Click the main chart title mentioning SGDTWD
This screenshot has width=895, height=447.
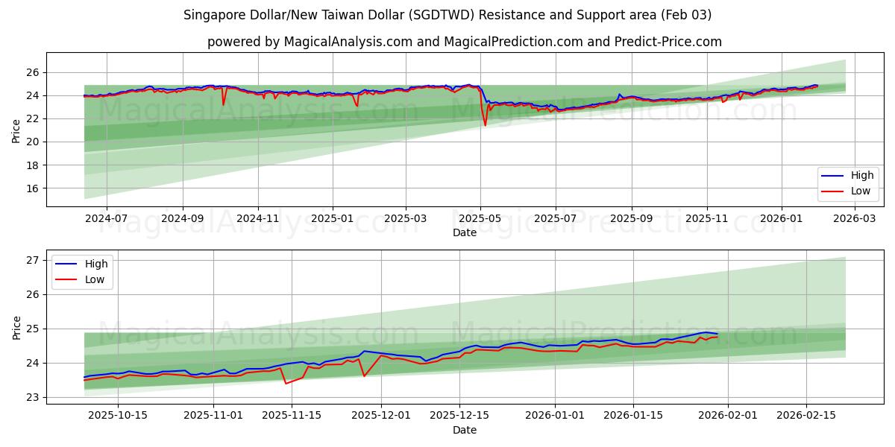tap(447, 15)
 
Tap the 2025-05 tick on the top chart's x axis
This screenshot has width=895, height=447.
tap(480, 218)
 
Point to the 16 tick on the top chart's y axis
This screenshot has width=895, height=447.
tap(31, 188)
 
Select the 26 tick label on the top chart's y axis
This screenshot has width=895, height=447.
tap(31, 72)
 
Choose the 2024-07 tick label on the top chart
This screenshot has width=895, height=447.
tap(106, 218)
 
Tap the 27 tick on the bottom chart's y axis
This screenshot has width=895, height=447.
tap(31, 260)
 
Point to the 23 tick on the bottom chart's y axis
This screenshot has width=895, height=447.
tap(31, 397)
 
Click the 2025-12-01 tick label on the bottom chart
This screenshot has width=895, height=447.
tap(381, 416)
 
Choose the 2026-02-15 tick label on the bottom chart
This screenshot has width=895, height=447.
tap(806, 416)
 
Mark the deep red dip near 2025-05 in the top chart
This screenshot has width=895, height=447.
tap(486, 124)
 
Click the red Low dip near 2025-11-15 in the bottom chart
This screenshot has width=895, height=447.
tap(286, 383)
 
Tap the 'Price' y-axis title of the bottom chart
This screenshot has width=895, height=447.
tap(16, 327)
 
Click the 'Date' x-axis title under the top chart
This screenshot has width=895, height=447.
tap(464, 232)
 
